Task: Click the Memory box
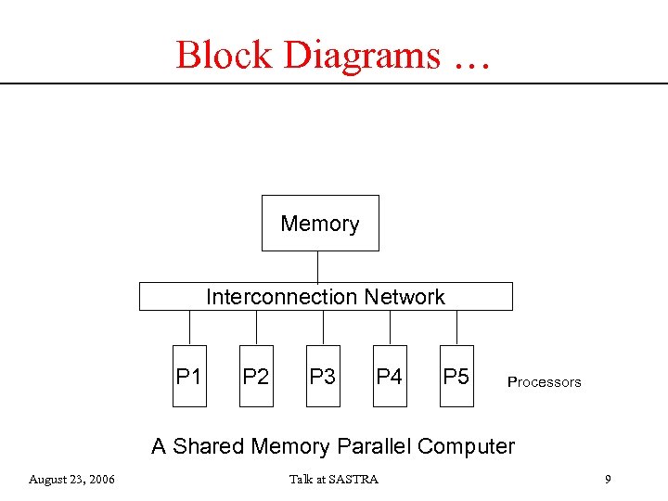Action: click(320, 223)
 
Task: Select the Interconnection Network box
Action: click(325, 297)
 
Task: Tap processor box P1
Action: click(189, 376)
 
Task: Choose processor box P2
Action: click(256, 376)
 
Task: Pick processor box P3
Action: click(323, 376)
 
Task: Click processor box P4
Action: click(390, 376)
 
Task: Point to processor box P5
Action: click(456, 376)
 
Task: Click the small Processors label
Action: click(544, 382)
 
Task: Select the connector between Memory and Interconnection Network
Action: click(318, 266)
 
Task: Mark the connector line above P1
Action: click(189, 327)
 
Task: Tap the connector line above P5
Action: click(456, 327)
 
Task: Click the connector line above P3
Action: click(323, 327)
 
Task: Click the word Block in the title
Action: click(225, 56)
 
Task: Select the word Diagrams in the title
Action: click(363, 56)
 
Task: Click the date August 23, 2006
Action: click(71, 480)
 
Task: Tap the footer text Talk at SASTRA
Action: click(333, 480)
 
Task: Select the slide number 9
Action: click(607, 480)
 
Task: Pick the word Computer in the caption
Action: click(466, 446)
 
